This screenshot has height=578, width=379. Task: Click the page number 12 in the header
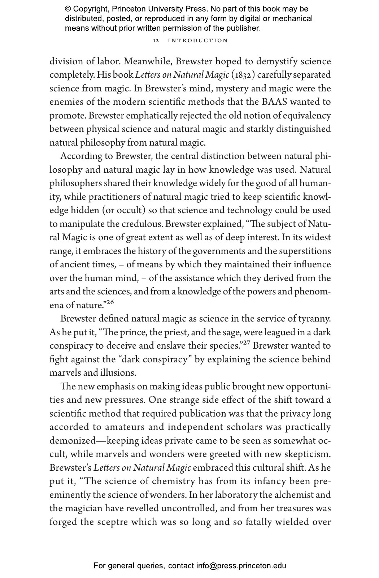pyautogui.click(x=156, y=41)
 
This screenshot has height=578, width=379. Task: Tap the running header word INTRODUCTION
pyautogui.click(x=198, y=41)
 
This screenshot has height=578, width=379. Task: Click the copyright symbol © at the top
pyautogui.click(x=68, y=9)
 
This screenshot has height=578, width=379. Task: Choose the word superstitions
pyautogui.click(x=305, y=251)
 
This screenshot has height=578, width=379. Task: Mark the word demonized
pyautogui.click(x=72, y=441)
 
